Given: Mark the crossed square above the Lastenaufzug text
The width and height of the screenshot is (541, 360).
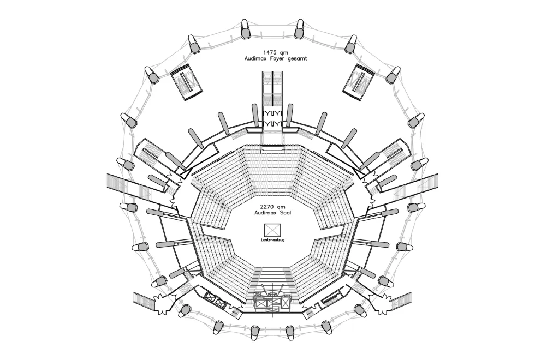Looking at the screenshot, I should (x=271, y=229).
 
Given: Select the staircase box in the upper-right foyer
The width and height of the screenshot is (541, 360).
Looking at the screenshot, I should (x=359, y=83).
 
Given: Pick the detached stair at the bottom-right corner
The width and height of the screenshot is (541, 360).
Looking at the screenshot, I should (x=400, y=301).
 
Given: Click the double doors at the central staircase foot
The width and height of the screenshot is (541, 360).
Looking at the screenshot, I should (x=272, y=116).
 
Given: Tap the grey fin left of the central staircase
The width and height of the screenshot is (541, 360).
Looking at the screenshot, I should (x=255, y=114).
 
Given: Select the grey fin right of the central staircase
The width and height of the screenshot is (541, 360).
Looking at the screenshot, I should (x=289, y=114).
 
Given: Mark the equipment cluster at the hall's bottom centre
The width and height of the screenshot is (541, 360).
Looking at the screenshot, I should (x=271, y=298).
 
